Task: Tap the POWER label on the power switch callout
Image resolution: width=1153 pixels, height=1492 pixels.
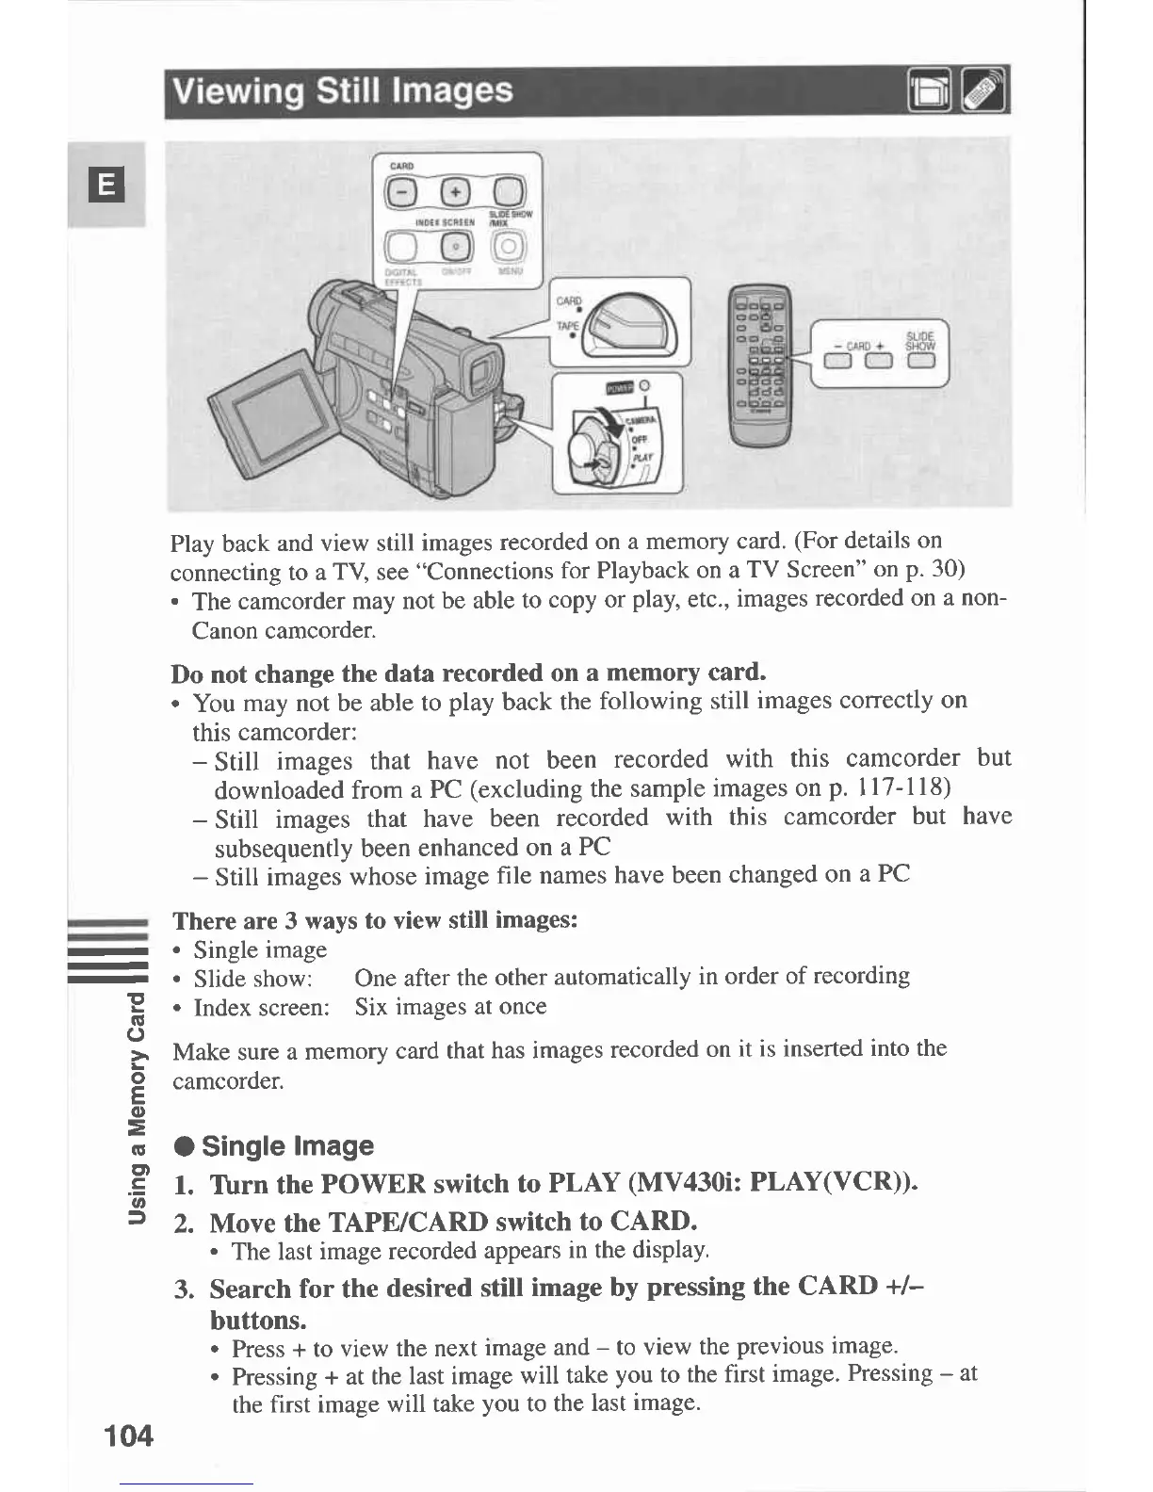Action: pyautogui.click(x=617, y=386)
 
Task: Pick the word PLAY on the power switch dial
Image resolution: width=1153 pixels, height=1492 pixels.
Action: pyautogui.click(x=642, y=456)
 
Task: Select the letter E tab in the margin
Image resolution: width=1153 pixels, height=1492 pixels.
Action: pyautogui.click(x=107, y=185)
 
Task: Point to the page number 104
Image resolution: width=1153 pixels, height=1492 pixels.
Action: pyautogui.click(x=128, y=1435)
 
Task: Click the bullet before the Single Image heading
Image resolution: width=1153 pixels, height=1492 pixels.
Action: pyautogui.click(x=185, y=1146)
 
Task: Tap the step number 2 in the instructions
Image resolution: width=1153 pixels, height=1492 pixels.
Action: pyautogui.click(x=184, y=1223)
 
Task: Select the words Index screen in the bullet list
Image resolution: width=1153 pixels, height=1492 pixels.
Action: pyautogui.click(x=261, y=1008)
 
